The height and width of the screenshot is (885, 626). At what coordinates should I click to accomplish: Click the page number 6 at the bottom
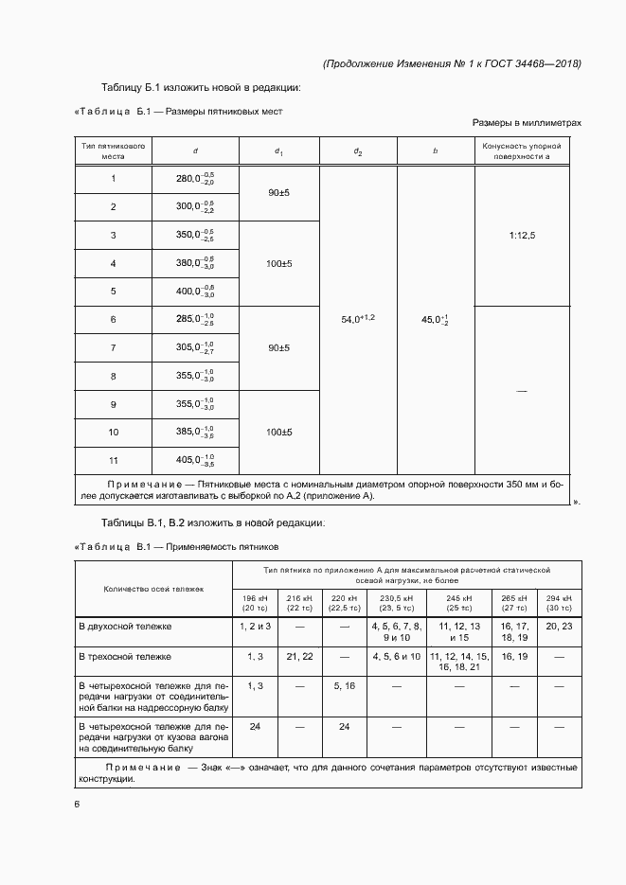(78, 805)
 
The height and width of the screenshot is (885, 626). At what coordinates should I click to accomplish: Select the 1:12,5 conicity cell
(520, 235)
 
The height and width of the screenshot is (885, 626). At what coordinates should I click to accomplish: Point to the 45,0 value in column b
(434, 320)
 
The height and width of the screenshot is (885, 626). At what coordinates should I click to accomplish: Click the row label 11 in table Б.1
(113, 460)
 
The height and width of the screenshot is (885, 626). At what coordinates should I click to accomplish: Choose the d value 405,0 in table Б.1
(195, 460)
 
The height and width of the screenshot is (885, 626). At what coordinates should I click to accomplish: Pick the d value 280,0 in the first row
(195, 178)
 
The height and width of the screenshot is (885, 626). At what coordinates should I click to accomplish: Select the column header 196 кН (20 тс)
(256, 604)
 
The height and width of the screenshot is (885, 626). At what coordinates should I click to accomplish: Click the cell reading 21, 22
(299, 655)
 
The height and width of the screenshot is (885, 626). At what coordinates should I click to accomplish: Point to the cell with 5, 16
(344, 684)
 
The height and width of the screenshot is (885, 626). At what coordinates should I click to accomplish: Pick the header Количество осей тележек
(153, 588)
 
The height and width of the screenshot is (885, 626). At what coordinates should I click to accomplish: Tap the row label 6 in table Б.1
(113, 319)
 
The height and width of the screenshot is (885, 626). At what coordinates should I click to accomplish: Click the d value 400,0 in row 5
(195, 291)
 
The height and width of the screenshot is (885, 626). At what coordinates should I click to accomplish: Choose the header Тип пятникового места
(113, 150)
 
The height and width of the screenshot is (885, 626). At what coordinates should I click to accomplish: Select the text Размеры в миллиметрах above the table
(527, 123)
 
